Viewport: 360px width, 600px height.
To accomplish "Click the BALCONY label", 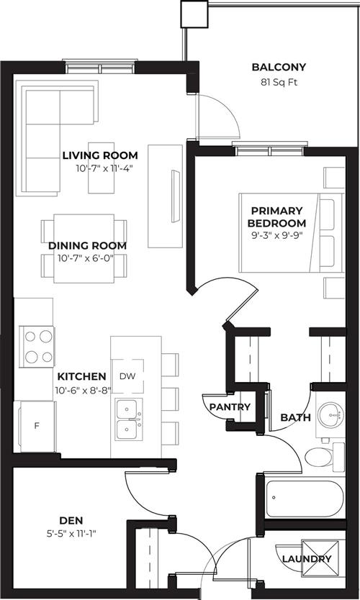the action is (x=279, y=67).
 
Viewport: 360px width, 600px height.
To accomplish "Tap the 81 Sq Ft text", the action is (x=279, y=82).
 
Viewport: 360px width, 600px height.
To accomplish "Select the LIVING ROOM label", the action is (x=100, y=155).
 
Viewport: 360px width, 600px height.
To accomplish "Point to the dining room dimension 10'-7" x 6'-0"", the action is (x=86, y=258).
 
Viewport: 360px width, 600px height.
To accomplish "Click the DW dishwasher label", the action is (x=127, y=376).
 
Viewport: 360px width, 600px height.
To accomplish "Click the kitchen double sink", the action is (x=129, y=419).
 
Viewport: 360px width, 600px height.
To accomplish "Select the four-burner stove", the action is (x=37, y=347).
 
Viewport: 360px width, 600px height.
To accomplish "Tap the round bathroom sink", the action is (x=331, y=414).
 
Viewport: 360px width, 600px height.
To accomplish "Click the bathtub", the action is (x=305, y=499).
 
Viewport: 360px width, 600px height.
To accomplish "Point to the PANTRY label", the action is (x=230, y=406).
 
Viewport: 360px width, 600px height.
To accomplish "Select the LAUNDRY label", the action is (x=307, y=559).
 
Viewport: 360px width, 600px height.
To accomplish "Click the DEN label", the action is (x=71, y=520).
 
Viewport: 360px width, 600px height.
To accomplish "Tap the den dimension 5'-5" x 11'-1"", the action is (x=71, y=533).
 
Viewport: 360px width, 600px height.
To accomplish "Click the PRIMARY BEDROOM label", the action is (x=277, y=217).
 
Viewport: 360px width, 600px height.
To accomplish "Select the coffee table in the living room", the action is (x=101, y=168).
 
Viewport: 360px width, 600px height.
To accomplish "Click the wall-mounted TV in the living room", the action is (x=176, y=196).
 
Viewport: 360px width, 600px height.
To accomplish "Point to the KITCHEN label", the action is (x=81, y=376).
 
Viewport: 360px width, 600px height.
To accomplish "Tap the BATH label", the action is (x=295, y=417).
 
